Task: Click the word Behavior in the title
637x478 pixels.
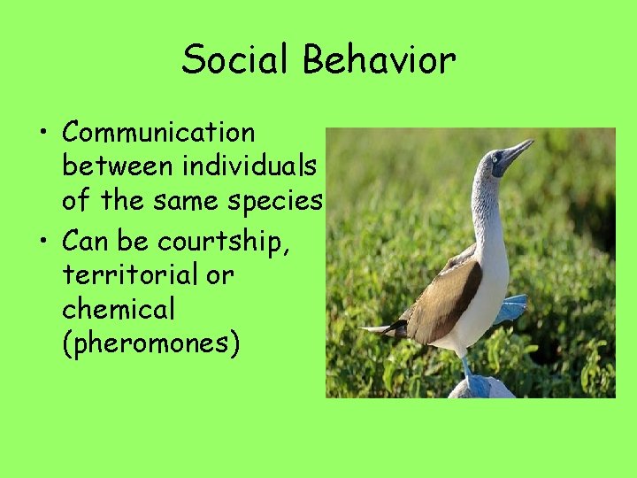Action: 379,60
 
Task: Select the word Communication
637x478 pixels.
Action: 158,133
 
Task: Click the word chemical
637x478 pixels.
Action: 119,310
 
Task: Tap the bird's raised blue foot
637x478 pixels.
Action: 511,309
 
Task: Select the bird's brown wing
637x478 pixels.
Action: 447,301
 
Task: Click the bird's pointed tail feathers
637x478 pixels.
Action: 380,329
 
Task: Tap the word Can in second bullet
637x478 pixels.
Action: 87,240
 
